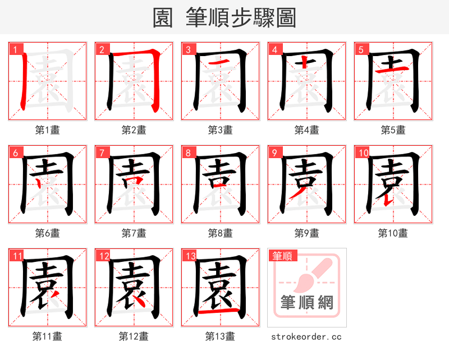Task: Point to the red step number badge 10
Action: coord(363,153)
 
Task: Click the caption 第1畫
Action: coord(47,130)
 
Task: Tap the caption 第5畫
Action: coord(393,130)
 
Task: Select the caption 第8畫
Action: coord(220,233)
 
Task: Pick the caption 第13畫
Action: coord(220,336)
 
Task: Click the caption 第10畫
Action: coord(393,233)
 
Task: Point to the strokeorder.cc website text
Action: coord(306,336)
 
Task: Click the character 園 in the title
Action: coord(163,17)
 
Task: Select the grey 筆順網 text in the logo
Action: coord(307,303)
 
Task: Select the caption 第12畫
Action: coord(134,336)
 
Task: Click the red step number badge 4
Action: coord(274,49)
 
